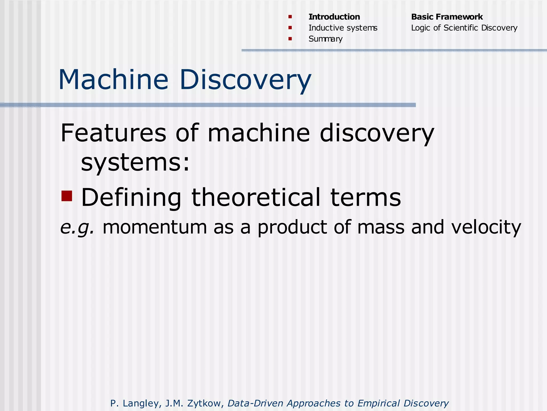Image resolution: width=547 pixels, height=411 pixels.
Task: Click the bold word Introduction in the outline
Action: coord(334,17)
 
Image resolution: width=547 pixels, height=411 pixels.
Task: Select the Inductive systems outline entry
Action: coord(343,28)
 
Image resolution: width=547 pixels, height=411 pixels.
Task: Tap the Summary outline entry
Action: coord(325,39)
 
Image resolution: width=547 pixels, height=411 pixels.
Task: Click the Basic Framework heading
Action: coord(447,17)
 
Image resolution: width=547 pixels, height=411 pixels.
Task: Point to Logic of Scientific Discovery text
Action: coord(464,28)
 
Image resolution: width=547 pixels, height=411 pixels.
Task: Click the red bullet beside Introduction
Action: coord(290,17)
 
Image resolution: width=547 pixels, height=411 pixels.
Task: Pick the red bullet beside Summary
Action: coord(290,39)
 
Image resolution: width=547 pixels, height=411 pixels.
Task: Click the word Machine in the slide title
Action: coord(114,80)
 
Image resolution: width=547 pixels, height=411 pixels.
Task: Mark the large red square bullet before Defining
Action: coord(67,196)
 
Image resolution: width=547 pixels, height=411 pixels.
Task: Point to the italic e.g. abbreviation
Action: coord(77,227)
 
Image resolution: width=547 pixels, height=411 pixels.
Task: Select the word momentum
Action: coord(155,227)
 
